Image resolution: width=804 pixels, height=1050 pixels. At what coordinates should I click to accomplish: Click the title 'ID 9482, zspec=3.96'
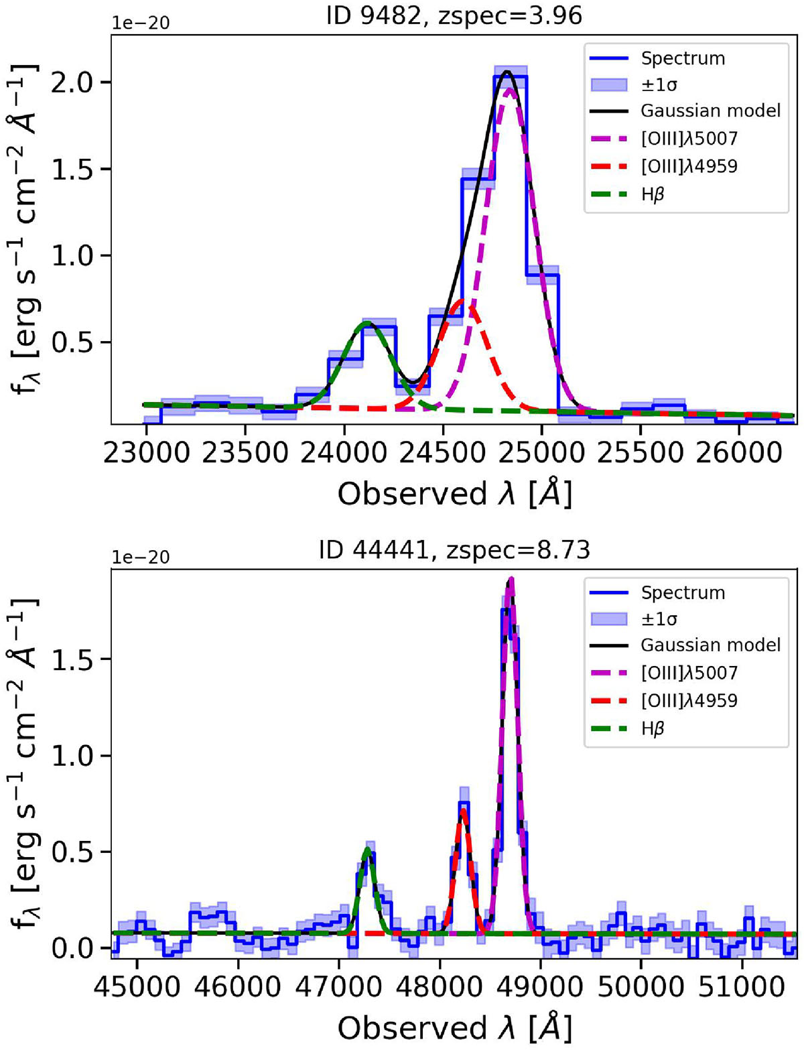454,15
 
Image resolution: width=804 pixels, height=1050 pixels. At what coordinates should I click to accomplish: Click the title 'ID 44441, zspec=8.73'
454,549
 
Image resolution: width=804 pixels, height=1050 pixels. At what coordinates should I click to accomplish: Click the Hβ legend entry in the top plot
652,194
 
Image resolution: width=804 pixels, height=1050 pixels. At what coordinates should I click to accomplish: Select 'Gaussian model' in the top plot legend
710,111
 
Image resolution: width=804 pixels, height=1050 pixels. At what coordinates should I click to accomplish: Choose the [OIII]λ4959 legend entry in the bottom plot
689,701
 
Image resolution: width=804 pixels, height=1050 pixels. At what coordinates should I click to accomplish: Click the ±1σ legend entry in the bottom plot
659,619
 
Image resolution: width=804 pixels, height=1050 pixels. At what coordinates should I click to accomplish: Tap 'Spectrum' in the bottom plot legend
682,593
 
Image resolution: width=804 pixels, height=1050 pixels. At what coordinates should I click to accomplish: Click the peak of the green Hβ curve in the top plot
366,323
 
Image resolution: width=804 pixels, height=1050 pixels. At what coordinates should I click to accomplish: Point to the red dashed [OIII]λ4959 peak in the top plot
463,302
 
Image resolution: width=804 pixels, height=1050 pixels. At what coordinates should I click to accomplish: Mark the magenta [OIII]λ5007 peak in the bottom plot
511,578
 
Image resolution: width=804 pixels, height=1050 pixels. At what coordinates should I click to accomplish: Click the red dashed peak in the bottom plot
463,811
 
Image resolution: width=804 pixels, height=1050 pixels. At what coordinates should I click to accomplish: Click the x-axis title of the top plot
454,495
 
